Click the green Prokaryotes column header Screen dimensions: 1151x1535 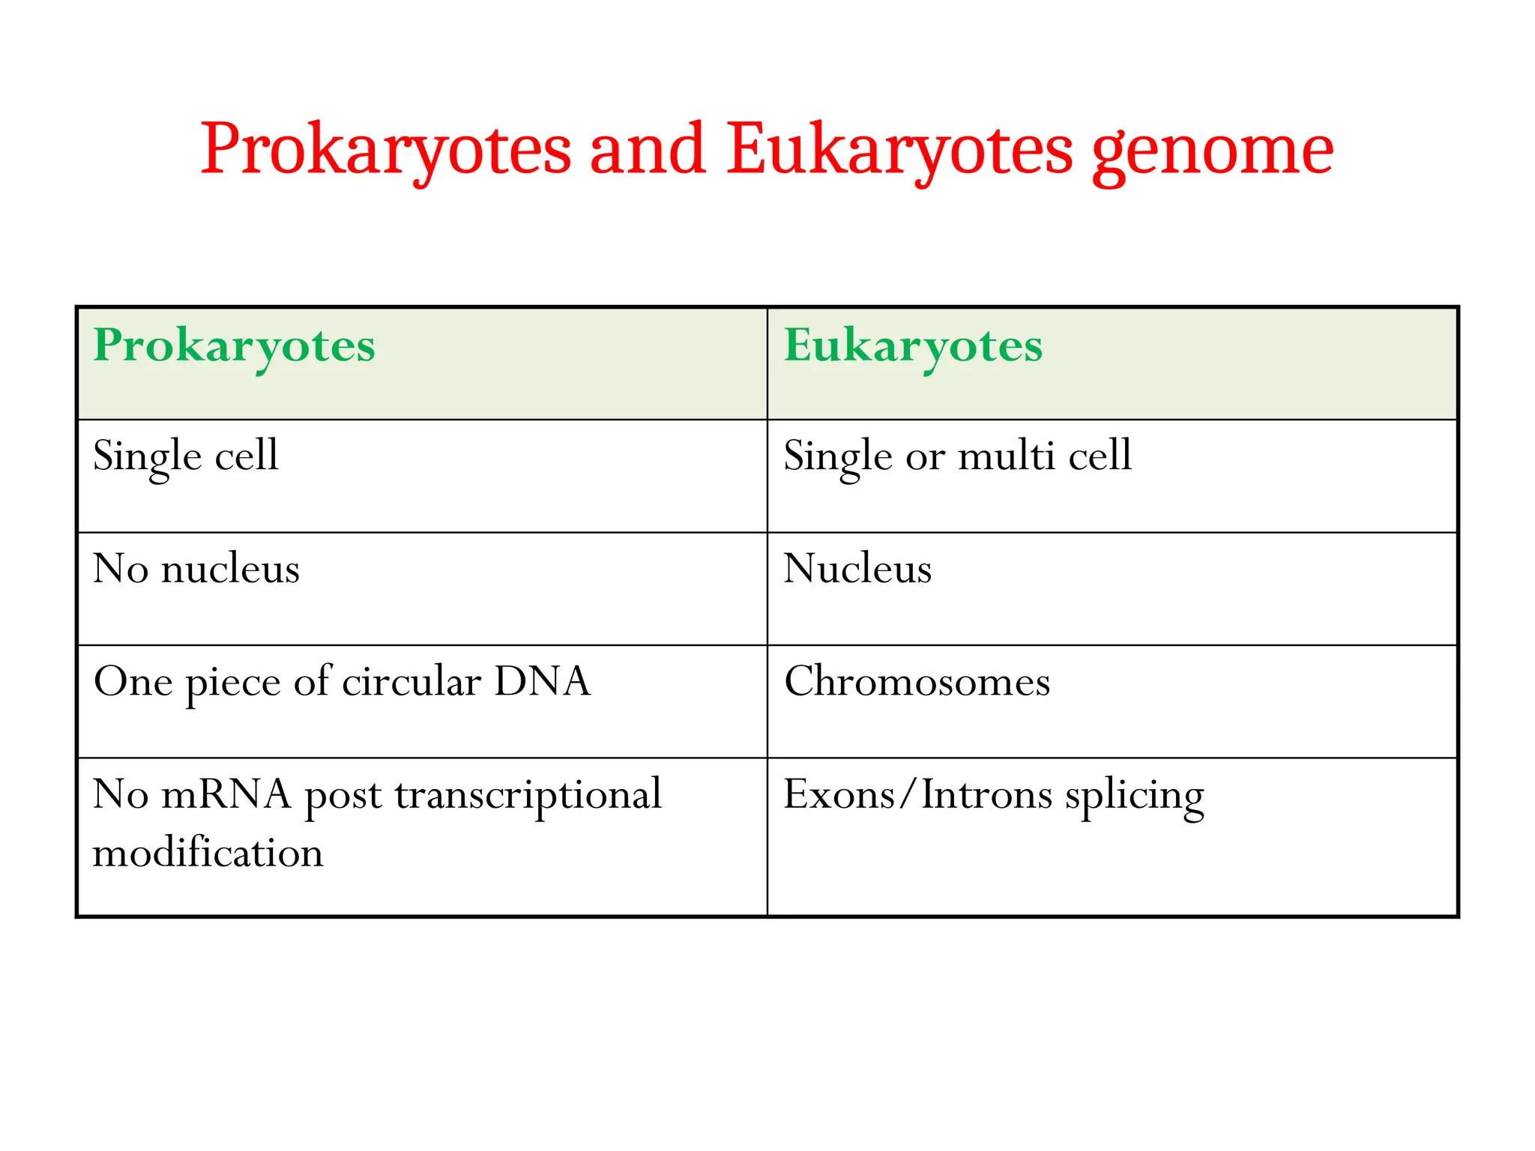point(234,347)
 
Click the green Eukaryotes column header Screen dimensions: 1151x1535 point(913,347)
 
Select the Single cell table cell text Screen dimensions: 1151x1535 point(185,456)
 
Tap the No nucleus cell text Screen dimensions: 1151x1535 point(196,569)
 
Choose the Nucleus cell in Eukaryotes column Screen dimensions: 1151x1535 point(857,569)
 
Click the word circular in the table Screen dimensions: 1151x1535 point(411,682)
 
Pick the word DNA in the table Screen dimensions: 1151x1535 point(542,682)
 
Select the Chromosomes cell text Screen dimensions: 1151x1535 point(917,682)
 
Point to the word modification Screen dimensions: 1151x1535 point(208,854)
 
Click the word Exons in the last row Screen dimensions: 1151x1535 point(838,794)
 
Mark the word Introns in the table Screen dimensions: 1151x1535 point(986,794)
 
